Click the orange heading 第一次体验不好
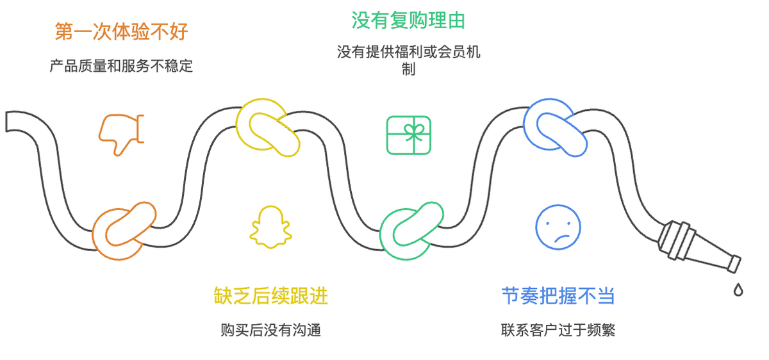(x=121, y=32)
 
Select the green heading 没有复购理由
(x=408, y=20)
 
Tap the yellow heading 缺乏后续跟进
(x=270, y=296)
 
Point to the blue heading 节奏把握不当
(x=558, y=296)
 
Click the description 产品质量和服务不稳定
(x=121, y=65)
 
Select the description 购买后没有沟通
(x=270, y=330)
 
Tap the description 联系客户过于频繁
(x=558, y=330)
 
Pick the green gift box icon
(x=409, y=135)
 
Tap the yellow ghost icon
(x=270, y=227)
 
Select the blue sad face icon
(x=558, y=227)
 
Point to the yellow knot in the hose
(x=268, y=127)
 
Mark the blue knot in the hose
(x=555, y=127)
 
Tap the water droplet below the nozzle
(x=738, y=290)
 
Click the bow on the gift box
(x=409, y=129)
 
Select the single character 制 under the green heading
(x=408, y=70)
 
